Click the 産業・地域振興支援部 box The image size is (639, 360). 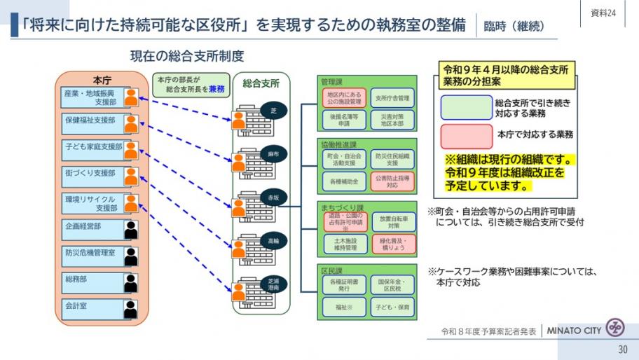[90, 97]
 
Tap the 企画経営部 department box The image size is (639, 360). [90, 227]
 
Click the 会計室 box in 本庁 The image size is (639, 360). [90, 306]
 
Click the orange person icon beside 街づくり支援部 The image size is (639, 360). [130, 176]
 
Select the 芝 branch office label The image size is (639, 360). [274, 111]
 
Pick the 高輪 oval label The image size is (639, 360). [273, 241]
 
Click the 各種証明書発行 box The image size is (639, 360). [343, 284]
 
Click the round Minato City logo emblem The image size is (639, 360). [615, 328]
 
